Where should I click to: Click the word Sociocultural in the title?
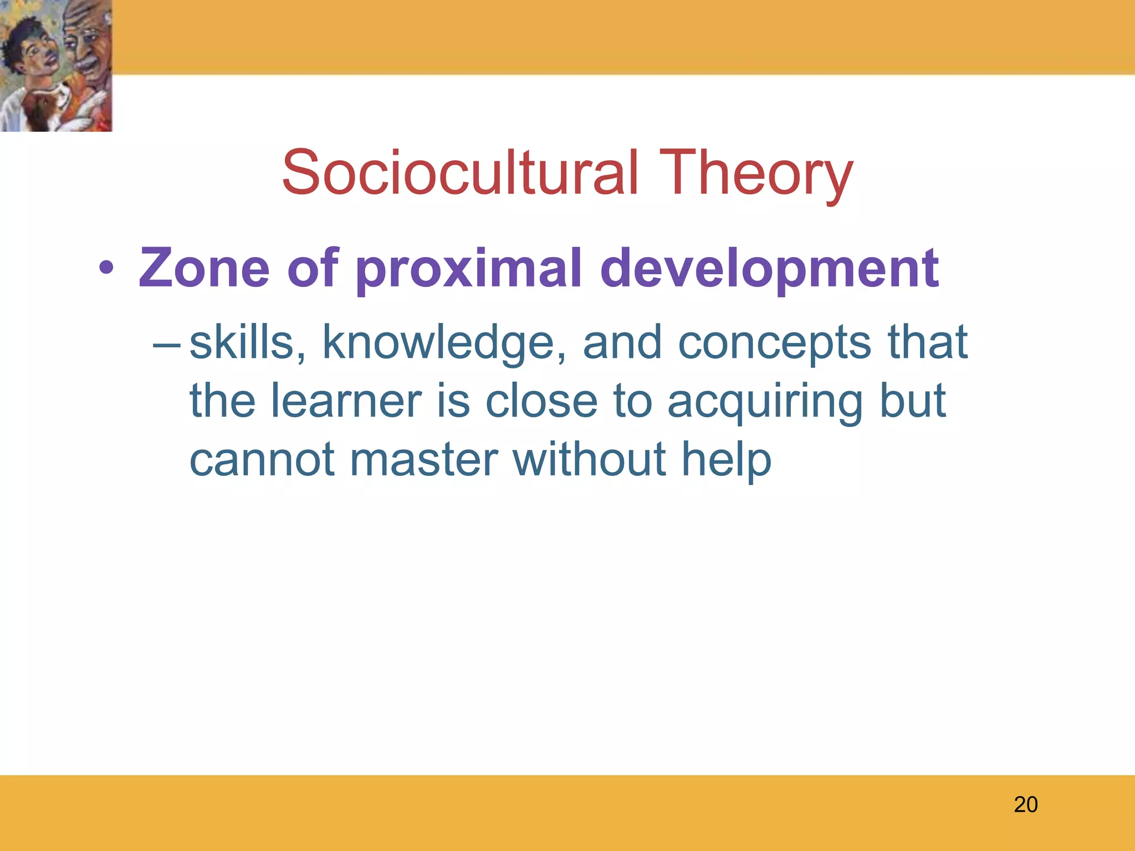tap(460, 173)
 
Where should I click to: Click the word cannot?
tap(262, 459)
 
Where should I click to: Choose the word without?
tap(589, 459)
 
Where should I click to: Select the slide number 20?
tap(1025, 804)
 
